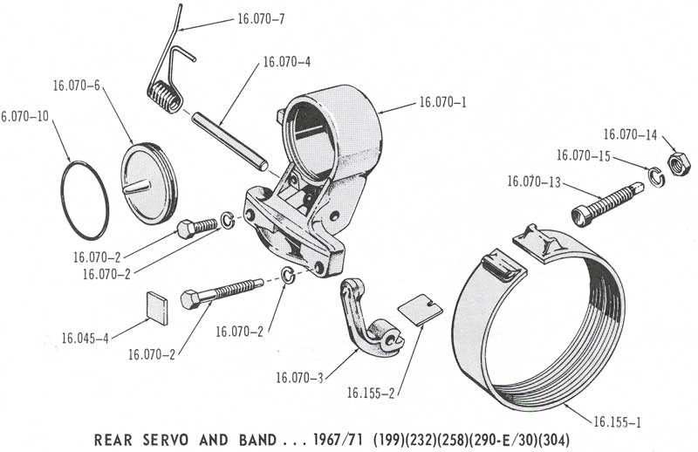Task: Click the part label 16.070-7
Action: [x=261, y=17]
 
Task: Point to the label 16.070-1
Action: [x=442, y=102]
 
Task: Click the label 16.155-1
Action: [x=618, y=423]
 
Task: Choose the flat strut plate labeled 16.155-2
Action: [x=418, y=310]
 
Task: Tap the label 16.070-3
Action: [x=299, y=377]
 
